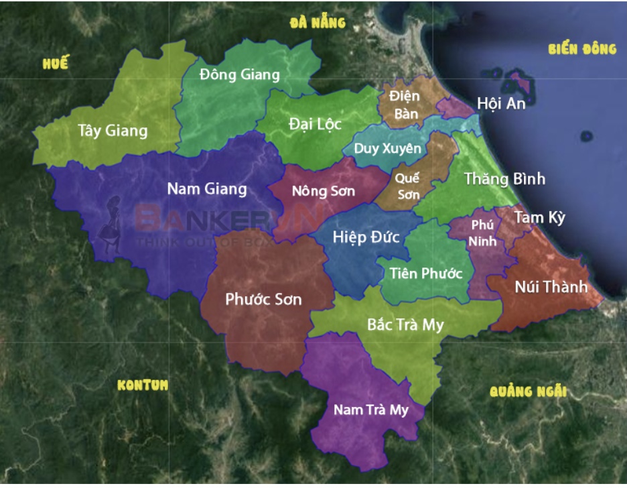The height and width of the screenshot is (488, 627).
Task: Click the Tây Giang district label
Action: (112, 130)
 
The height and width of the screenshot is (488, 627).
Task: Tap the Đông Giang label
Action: (239, 74)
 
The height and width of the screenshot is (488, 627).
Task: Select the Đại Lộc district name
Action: (315, 124)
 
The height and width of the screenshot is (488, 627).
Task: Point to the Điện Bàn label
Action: (406, 105)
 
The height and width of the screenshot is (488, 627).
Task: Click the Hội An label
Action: (501, 103)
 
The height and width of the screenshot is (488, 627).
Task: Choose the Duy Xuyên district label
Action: (388, 148)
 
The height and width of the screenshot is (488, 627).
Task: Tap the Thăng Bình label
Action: (504, 179)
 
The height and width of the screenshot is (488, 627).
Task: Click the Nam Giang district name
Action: (206, 189)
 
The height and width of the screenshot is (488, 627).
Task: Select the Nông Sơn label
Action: (324, 191)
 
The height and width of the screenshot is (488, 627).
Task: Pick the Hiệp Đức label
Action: (366, 237)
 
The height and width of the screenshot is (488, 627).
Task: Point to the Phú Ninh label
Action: (482, 233)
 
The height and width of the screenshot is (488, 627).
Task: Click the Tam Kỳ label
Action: (540, 218)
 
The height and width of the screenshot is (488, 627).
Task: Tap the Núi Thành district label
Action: (551, 287)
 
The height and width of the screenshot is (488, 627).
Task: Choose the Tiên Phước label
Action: (426, 273)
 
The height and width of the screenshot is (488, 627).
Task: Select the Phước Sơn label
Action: (263, 299)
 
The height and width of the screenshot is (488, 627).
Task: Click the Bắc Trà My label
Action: (405, 324)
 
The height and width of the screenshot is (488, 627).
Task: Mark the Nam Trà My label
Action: (370, 410)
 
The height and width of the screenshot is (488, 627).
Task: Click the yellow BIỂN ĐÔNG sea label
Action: (581, 49)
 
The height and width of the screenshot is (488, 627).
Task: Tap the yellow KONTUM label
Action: (143, 385)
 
